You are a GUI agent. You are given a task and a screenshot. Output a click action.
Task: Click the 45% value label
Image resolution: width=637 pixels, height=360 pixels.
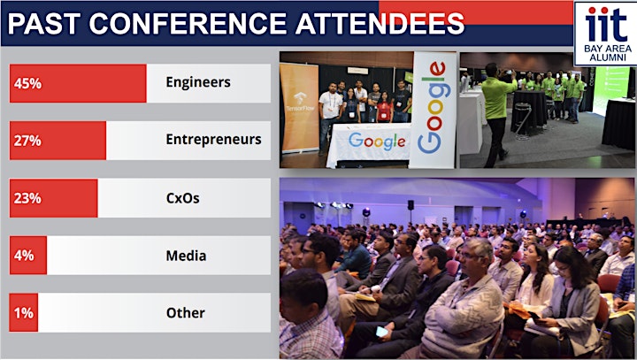coord(27,83)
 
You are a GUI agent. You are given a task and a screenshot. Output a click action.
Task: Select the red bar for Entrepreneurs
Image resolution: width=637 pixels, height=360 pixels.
coord(58,141)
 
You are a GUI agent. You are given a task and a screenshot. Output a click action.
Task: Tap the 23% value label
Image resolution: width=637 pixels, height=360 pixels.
coord(27,198)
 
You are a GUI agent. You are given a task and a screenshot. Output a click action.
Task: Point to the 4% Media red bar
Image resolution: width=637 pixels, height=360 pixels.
coord(28,255)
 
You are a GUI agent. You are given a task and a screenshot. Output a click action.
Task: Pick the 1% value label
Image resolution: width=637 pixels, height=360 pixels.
coord(24,313)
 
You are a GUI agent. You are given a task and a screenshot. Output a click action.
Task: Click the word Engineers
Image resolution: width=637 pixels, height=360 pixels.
coord(198,82)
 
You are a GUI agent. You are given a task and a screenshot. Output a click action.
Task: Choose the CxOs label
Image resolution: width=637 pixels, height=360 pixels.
coord(183,198)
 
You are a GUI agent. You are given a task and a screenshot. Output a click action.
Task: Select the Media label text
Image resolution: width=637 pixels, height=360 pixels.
coord(186,256)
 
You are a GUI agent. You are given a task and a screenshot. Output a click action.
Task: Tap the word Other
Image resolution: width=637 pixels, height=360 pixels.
coord(186,313)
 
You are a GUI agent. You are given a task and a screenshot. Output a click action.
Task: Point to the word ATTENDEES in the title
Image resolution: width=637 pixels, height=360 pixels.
coord(380,24)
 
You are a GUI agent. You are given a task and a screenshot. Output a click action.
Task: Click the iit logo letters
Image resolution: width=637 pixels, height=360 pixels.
coord(606,25)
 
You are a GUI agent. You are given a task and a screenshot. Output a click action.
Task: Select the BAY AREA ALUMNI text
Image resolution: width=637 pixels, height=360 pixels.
coord(608,53)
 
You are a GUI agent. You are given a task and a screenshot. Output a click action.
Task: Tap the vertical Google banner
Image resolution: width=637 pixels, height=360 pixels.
coord(433,110)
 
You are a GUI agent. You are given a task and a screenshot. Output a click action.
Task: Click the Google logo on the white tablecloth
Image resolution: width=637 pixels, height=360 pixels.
coord(377,141)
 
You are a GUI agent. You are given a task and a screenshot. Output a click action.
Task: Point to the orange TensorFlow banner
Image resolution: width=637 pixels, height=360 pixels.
coord(300,108)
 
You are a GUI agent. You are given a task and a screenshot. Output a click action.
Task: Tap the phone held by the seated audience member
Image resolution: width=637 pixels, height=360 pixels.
coord(382,332)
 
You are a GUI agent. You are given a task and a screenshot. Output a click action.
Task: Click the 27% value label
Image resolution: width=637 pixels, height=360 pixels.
coord(27,141)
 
